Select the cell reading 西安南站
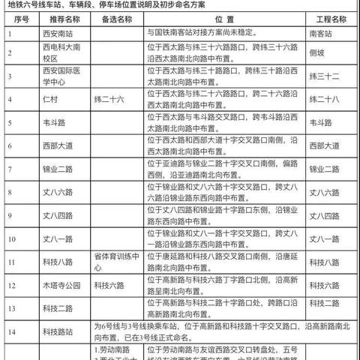(40, 34)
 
